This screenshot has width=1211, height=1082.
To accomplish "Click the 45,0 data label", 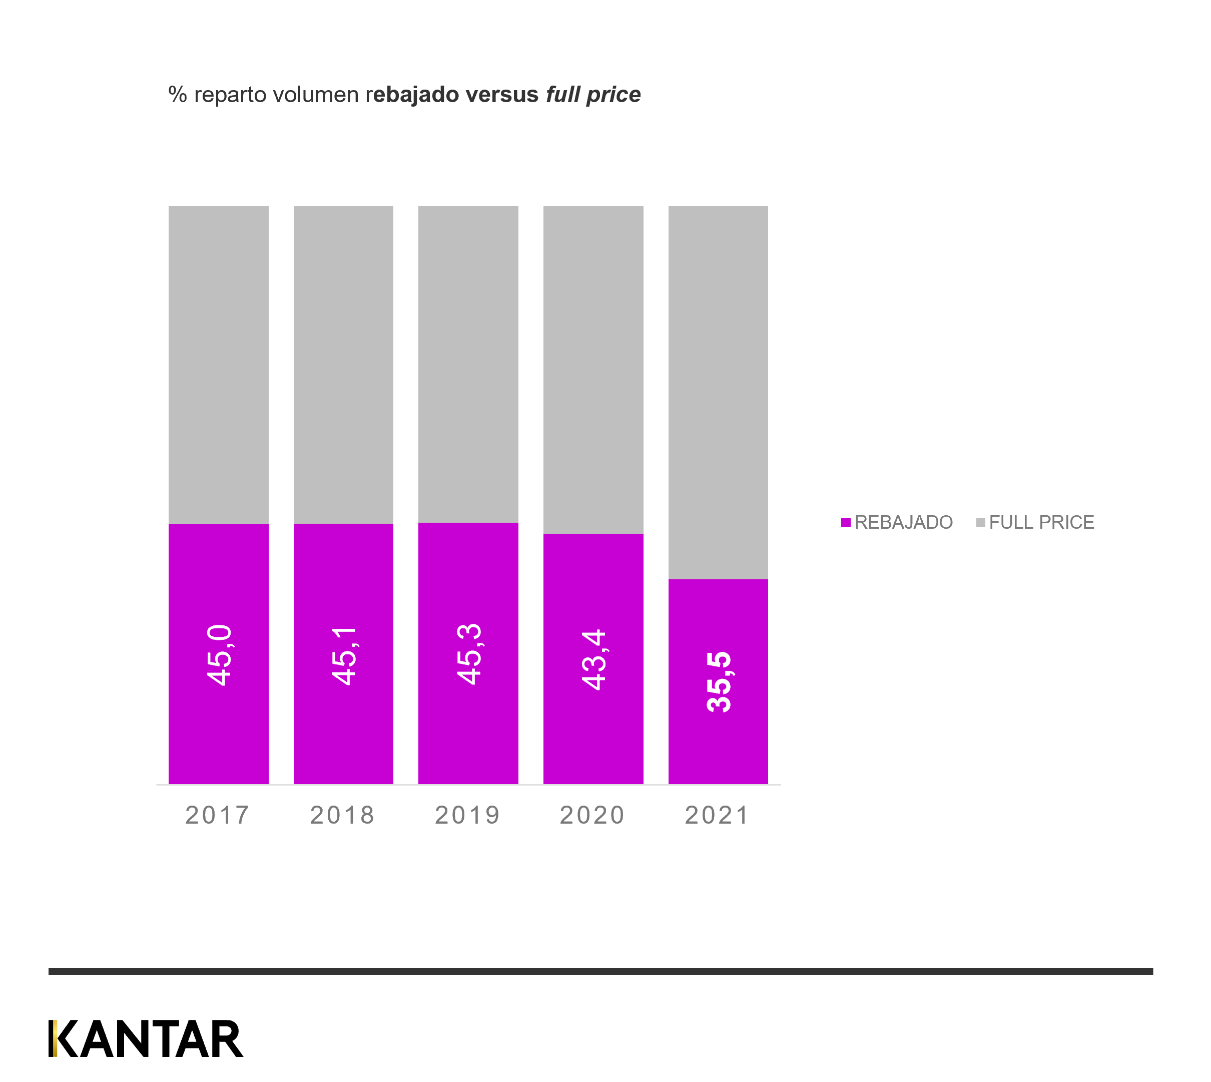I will click(219, 655).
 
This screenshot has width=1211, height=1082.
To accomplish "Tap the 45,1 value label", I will click(344, 656).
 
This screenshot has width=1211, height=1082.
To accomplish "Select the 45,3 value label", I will click(469, 654).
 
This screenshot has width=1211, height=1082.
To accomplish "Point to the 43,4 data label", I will click(593, 660).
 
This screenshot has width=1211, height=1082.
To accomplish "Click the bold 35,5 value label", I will click(719, 682).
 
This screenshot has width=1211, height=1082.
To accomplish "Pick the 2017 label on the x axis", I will click(218, 815).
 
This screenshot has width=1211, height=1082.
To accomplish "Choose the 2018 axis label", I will click(343, 815).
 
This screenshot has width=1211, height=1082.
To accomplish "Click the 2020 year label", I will click(592, 815).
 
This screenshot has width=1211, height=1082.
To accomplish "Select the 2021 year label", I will click(717, 815).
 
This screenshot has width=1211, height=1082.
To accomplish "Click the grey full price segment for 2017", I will click(219, 365).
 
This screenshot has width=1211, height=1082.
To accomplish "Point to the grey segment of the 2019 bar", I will click(468, 364).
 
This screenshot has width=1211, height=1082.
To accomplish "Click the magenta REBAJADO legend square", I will click(846, 523).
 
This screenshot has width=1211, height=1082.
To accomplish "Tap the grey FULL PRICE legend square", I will click(980, 523).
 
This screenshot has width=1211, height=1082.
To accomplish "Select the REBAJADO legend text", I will click(903, 523).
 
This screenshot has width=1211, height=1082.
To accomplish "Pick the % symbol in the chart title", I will click(177, 95).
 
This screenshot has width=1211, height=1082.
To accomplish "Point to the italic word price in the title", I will click(614, 96).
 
